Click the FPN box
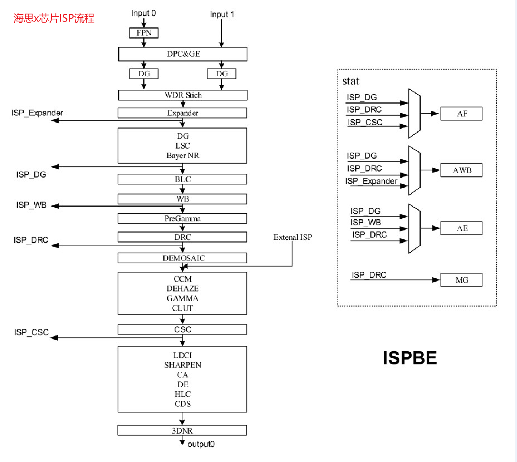(x=144, y=33)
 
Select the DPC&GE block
(x=183, y=54)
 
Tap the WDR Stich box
(x=183, y=95)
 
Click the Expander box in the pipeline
(x=182, y=113)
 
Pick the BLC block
(x=182, y=179)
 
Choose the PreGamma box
(x=182, y=218)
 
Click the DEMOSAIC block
(x=182, y=258)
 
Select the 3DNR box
(x=182, y=430)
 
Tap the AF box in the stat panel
(x=461, y=114)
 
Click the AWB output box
(x=461, y=170)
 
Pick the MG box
(x=461, y=280)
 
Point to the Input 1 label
(x=222, y=14)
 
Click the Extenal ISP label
(x=292, y=237)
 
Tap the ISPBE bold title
(x=410, y=358)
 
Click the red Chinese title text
(x=54, y=18)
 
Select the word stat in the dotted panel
(x=350, y=81)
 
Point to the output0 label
(x=201, y=444)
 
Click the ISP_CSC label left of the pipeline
(x=31, y=332)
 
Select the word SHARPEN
(x=183, y=365)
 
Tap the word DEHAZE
(x=183, y=288)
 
